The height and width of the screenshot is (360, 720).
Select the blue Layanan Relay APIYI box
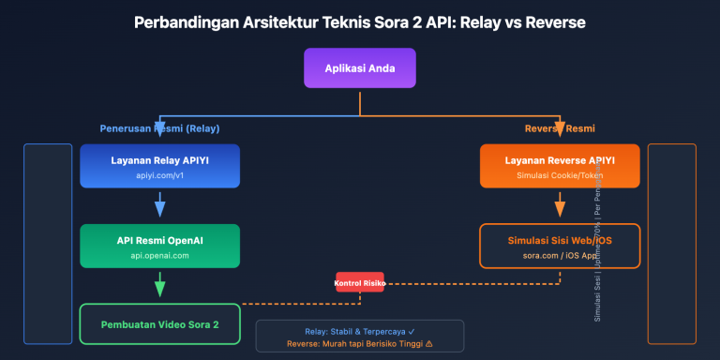159,167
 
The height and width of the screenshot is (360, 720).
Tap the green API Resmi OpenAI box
159,247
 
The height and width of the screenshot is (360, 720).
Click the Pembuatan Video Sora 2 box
159,324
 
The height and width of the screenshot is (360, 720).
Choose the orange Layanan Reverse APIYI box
560,167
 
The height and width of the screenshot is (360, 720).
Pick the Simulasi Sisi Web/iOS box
560,247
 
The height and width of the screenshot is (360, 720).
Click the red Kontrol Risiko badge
360,281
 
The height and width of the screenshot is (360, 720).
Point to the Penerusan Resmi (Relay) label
159,128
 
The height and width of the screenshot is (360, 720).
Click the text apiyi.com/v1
159,175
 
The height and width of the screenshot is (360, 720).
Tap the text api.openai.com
159,255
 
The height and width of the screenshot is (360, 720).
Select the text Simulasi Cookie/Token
560,175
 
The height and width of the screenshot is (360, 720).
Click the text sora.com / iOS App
560,255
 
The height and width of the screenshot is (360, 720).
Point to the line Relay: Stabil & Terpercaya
359,331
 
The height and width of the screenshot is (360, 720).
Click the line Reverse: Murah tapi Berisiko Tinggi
359,344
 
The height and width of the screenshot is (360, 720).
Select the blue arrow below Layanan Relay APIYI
159,204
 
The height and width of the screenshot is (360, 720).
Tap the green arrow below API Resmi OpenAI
159,284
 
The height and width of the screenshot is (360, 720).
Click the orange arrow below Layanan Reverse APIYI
560,204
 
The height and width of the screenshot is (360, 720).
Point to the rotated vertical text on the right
598,253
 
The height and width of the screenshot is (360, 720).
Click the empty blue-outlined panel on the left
48,244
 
